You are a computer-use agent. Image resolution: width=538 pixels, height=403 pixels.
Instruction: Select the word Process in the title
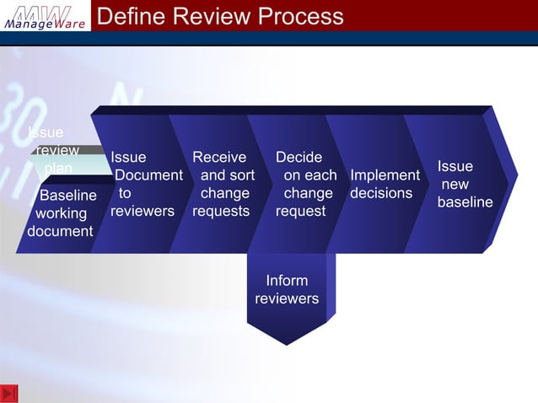[302, 16]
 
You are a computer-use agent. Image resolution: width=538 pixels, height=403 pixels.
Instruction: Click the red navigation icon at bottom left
[9, 393]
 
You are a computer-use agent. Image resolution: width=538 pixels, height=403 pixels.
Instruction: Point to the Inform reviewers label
[287, 289]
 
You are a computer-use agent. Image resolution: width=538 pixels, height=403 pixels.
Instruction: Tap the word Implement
[385, 175]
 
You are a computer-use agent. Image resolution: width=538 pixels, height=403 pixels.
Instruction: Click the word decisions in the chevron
[381, 193]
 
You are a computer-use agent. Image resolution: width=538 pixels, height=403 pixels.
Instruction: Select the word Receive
[219, 158]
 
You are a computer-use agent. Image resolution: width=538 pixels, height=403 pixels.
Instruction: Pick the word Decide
[299, 158]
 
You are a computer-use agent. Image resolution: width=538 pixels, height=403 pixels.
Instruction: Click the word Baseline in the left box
[67, 196]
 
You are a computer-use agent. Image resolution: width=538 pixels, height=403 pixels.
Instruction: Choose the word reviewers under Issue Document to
[143, 211]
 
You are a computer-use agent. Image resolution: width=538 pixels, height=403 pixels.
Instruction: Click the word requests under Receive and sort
[221, 211]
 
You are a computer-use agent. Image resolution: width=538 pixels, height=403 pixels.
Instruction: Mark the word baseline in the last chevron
[465, 202]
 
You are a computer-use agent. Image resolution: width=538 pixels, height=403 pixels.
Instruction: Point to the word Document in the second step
[148, 175]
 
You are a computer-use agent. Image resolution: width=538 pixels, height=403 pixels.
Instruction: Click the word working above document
[61, 213]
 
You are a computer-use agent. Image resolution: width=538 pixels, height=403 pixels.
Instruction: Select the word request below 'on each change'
[300, 211]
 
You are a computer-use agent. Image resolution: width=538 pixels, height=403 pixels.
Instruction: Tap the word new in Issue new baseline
[455, 185]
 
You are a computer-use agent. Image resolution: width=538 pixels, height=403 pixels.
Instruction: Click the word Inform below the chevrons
[287, 281]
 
